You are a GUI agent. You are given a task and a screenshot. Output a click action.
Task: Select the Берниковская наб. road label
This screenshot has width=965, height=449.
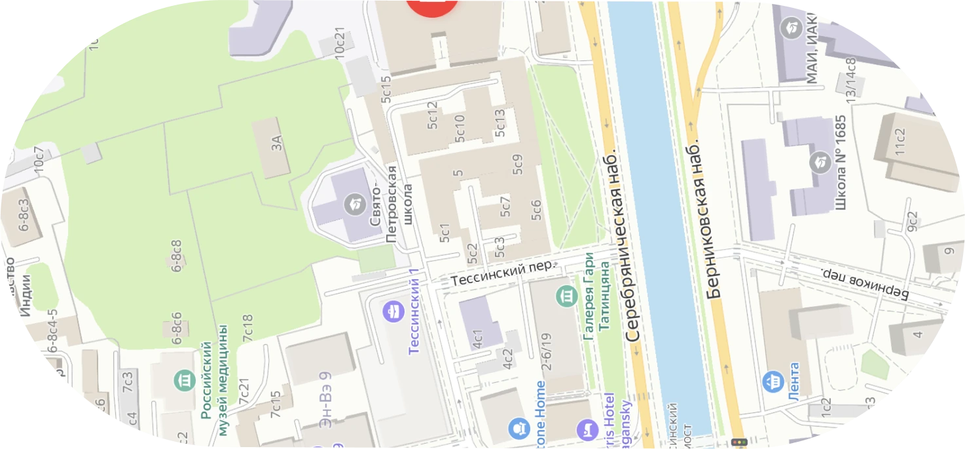pos(706,219)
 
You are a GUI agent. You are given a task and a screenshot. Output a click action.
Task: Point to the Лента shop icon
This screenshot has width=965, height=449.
pos(773,380)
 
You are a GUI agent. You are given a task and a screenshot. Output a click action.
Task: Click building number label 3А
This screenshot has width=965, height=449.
pos(278,142)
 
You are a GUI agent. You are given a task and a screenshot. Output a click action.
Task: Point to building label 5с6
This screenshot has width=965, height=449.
pos(536,210)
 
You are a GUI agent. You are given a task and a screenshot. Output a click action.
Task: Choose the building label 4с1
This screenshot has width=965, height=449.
pos(478,337)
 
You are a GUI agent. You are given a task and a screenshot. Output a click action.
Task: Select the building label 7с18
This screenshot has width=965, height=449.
pos(247,327)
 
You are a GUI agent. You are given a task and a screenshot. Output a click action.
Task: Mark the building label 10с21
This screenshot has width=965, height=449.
pos(340,43)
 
